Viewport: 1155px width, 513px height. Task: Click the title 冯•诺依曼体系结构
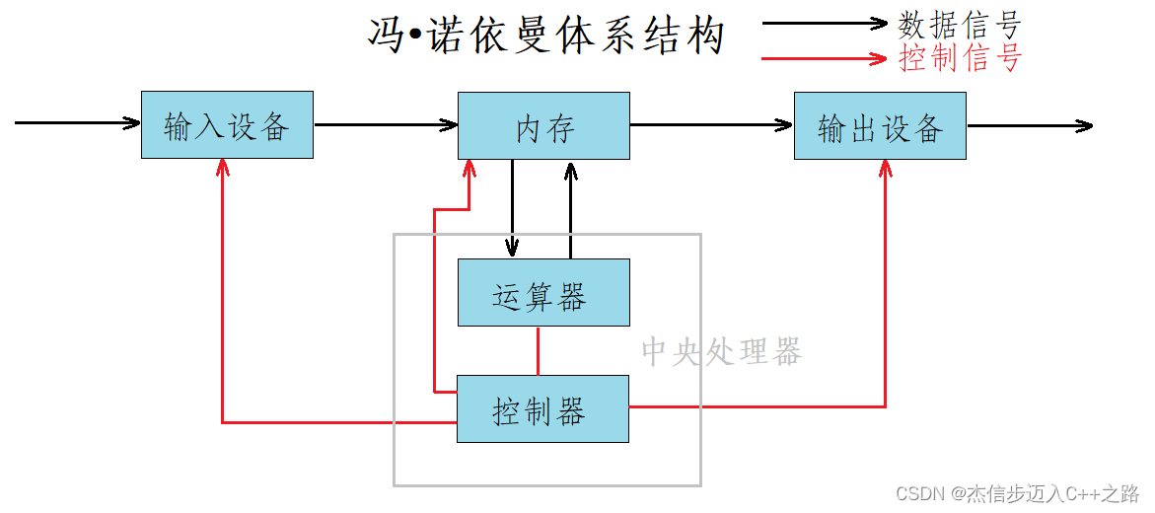click(545, 37)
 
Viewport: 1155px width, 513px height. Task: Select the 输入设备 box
click(227, 125)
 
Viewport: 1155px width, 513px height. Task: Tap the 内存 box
click(543, 125)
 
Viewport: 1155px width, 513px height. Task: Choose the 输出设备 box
click(880, 125)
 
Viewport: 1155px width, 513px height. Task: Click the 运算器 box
click(543, 293)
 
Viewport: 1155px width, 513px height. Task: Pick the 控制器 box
click(542, 408)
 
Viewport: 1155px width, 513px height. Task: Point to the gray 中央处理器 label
click(721, 351)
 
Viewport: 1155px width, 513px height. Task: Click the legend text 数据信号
click(959, 24)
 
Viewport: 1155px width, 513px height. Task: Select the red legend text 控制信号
click(959, 58)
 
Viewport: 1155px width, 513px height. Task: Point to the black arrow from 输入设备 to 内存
click(385, 125)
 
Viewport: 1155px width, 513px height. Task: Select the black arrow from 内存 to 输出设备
click(711, 125)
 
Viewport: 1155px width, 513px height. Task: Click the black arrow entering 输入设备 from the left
click(77, 123)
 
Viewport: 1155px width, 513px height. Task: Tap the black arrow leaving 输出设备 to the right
click(1030, 126)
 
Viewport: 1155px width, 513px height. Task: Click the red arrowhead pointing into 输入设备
click(223, 169)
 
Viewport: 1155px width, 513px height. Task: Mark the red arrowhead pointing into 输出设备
click(885, 169)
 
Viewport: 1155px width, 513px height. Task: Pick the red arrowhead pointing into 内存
click(469, 170)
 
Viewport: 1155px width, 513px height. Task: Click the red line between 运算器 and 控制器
click(538, 350)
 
